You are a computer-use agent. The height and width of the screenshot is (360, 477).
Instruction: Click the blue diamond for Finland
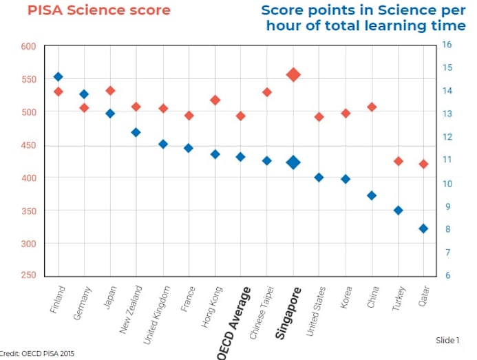point(59,77)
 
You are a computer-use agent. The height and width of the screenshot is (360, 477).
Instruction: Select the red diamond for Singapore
point(293,74)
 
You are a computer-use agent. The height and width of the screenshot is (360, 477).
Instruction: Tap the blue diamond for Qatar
point(423,229)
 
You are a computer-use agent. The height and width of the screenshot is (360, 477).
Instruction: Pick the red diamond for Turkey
point(398,161)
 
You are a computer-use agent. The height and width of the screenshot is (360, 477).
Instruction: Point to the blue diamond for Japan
point(110,114)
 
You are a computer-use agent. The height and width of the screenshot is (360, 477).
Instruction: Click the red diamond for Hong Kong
point(215,100)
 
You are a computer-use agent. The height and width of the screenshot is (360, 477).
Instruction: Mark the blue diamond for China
point(372,195)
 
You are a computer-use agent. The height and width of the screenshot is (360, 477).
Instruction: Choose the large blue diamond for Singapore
point(293,162)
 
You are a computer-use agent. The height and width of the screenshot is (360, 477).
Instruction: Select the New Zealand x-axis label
point(131,309)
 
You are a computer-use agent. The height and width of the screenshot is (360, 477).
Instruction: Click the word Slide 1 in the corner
point(447,341)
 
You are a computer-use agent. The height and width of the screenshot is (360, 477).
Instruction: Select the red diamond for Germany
point(84,108)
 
